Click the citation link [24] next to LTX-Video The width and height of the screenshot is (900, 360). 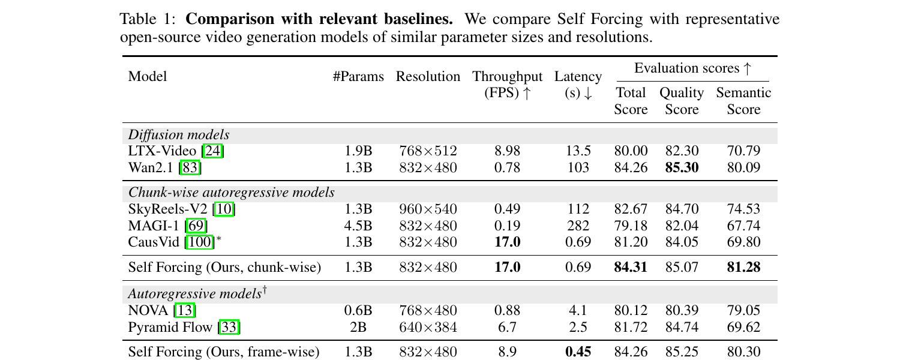pos(212,151)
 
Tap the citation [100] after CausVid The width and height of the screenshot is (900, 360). pos(199,242)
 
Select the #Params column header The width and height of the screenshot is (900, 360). pos(358,76)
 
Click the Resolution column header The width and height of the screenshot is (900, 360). pos(428,76)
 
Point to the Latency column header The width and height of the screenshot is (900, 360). pos(578,85)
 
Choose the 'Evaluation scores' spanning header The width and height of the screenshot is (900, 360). pos(692,68)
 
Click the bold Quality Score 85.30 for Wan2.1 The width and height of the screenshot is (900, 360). pos(682,167)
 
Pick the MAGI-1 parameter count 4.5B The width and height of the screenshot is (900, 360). pos(358,226)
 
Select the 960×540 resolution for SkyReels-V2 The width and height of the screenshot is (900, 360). pos(428,209)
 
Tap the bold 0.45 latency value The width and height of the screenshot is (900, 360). pos(578,352)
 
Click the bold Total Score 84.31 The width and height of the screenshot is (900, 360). pos(631,267)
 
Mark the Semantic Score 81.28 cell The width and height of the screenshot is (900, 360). pos(744,267)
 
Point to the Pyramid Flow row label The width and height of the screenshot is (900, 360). pos(170,327)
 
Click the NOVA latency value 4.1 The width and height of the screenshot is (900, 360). pos(578,310)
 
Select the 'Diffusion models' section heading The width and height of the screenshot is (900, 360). pos(179,134)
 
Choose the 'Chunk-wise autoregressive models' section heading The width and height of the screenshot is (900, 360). pos(232,193)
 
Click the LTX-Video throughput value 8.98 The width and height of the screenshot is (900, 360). pos(507,151)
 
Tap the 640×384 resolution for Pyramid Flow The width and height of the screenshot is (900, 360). pos(428,327)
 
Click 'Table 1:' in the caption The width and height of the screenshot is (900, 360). pos(148,19)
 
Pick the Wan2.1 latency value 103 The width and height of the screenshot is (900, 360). pos(578,167)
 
